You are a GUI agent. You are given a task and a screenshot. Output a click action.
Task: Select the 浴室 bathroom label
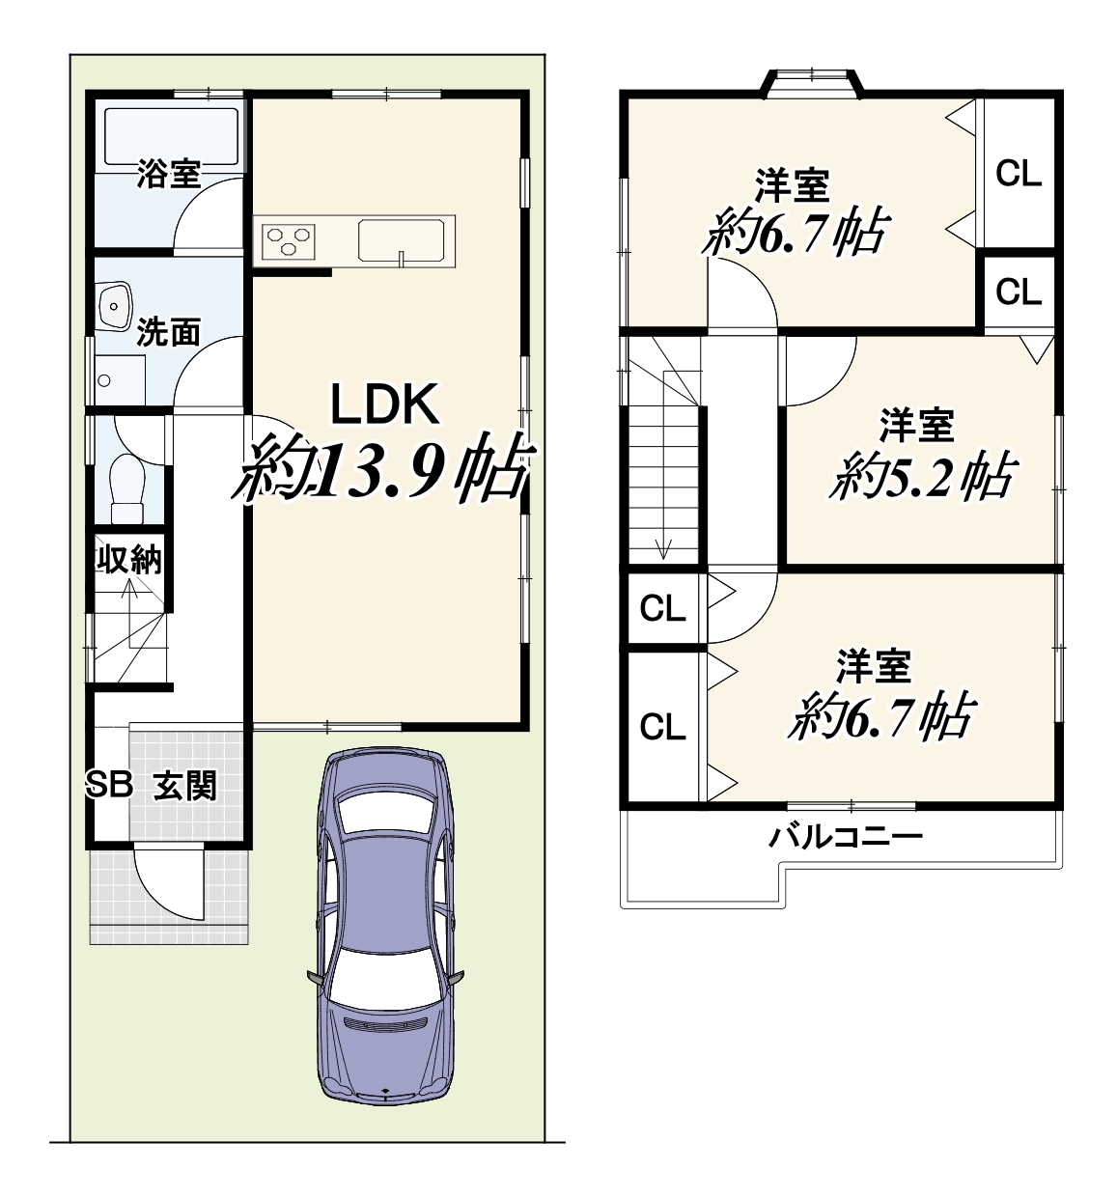click(168, 173)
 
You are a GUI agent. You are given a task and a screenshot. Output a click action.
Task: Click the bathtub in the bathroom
click(172, 136)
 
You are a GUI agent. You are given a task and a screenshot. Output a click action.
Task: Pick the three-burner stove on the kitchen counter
click(289, 241)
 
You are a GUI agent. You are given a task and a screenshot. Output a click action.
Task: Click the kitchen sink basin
click(404, 240)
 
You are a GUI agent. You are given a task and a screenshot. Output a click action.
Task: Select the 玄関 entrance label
click(185, 786)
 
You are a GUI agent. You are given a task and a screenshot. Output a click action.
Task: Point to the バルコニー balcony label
click(845, 837)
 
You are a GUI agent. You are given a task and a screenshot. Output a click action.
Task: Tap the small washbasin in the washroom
click(115, 307)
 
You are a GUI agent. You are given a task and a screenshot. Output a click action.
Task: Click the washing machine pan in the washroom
click(120, 379)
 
